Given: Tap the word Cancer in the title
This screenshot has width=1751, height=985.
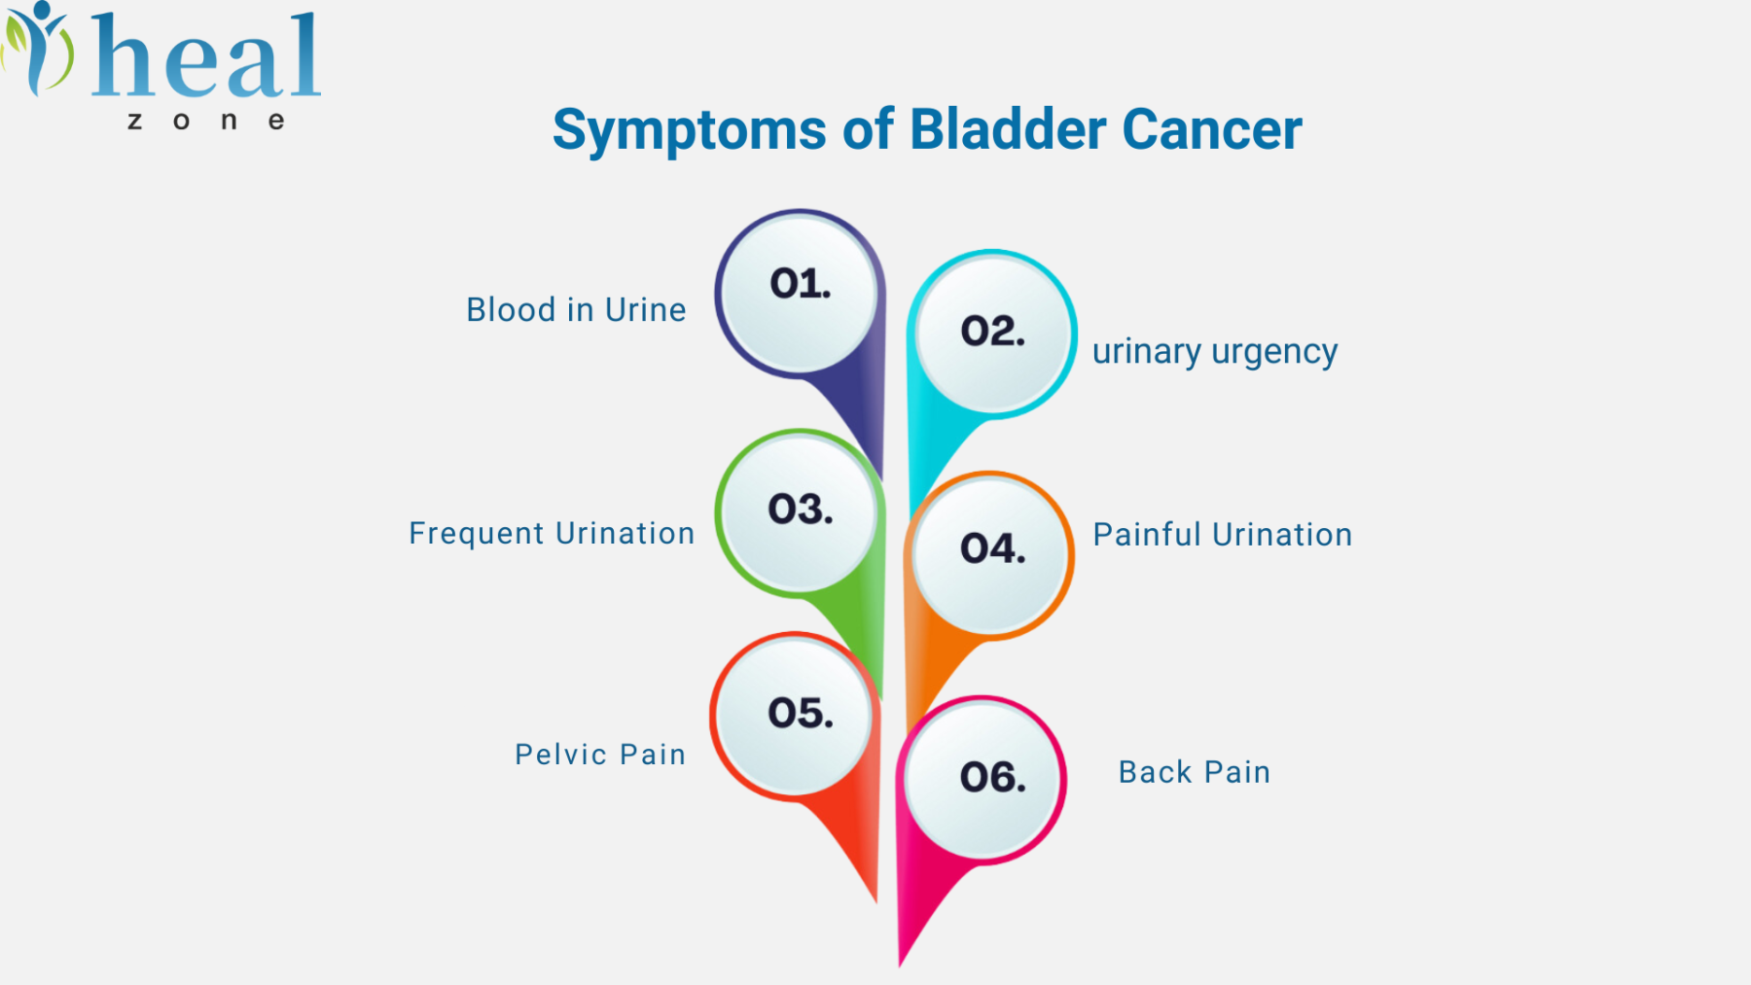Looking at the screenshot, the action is pos(1212,129).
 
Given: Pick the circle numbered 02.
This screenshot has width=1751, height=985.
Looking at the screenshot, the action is pos(992,334).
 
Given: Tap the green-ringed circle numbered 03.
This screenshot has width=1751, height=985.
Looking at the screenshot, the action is pos(800,512).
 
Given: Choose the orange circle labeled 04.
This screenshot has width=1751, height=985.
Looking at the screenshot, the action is pos(990,555).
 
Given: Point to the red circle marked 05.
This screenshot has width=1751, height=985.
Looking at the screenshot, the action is pos(795,717).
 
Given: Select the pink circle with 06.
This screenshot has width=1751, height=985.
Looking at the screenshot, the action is pos(983,780).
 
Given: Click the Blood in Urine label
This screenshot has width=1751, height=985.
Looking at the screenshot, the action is pos(576,310).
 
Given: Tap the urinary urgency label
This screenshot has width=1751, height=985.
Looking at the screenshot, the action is pos(1215,352).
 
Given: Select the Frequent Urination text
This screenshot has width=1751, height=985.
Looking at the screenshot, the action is pos(552,534).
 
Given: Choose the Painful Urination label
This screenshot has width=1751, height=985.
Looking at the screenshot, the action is pos(1223,535).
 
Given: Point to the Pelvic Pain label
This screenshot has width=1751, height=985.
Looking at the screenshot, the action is pos(600,755).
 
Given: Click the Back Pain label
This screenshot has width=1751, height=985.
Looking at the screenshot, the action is pos(1195,772).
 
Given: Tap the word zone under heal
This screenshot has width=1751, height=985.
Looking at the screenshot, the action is pos(206,122).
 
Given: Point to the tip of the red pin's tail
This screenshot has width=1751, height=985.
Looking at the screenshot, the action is pos(875,902).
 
